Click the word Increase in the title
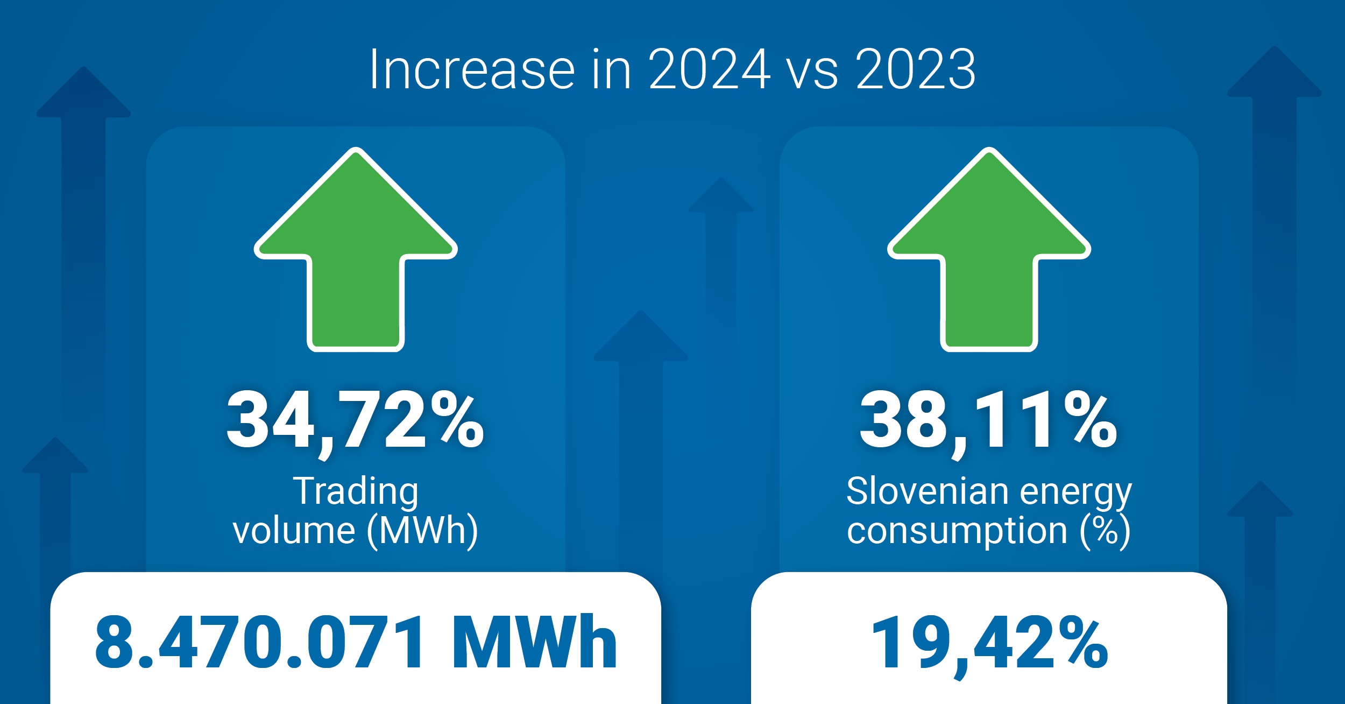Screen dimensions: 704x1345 point(472,69)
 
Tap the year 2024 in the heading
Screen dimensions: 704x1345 point(709,69)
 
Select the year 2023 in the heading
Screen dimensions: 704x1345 point(916,69)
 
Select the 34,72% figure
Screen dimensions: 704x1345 point(355,420)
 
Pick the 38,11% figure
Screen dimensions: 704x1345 point(988,420)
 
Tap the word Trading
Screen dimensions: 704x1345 point(356,492)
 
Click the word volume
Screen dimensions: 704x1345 point(294,531)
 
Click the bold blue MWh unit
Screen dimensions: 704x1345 point(535,642)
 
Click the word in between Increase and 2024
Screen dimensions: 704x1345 point(612,69)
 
